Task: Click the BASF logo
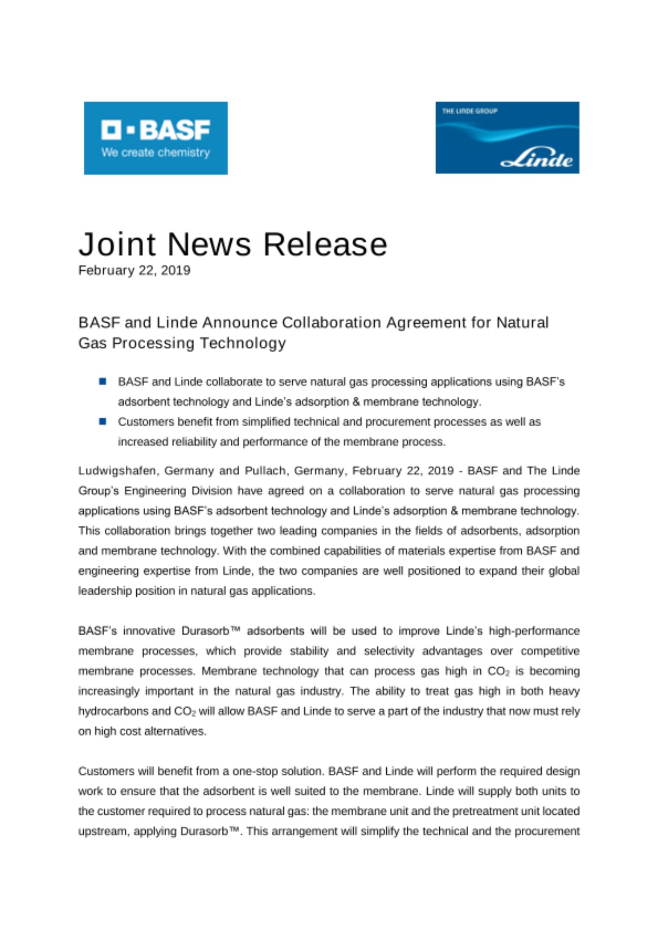pyautogui.click(x=155, y=138)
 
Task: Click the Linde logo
pyautogui.click(x=507, y=138)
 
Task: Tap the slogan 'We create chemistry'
pyautogui.click(x=155, y=153)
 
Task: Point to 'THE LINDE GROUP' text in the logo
pyautogui.click(x=470, y=111)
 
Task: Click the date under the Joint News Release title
pyautogui.click(x=134, y=270)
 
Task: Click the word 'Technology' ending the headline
pyautogui.click(x=242, y=343)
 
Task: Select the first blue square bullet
pyautogui.click(x=102, y=381)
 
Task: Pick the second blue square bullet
pyautogui.click(x=102, y=421)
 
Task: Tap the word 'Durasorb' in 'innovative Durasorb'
pyautogui.click(x=205, y=631)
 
